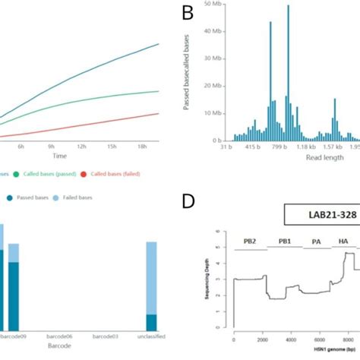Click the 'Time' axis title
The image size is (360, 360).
(x=81, y=154)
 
